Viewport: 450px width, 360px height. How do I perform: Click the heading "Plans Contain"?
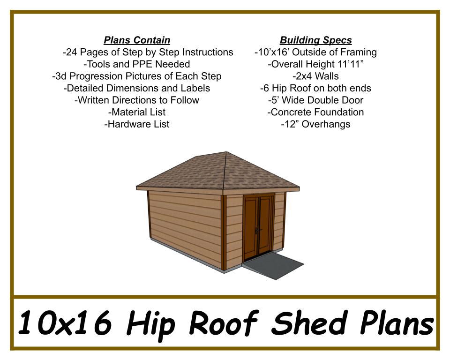click(137, 40)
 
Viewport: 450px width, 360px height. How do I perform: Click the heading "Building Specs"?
click(315, 40)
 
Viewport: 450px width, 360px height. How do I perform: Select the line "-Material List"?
click(137, 112)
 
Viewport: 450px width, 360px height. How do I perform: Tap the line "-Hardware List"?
click(137, 124)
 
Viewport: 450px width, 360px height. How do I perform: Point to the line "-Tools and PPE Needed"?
click(136, 64)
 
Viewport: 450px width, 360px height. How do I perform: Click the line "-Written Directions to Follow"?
click(136, 100)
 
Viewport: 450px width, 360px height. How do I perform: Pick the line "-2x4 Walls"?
click(315, 76)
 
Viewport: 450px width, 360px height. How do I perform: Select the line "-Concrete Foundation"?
click(315, 112)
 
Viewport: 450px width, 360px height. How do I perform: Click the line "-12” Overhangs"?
click(315, 124)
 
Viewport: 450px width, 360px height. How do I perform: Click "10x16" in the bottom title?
click(65, 322)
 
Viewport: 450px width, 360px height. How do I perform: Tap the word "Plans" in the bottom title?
click(397, 322)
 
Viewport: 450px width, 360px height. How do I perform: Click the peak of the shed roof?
click(226, 152)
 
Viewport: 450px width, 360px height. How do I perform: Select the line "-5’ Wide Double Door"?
click(315, 100)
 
